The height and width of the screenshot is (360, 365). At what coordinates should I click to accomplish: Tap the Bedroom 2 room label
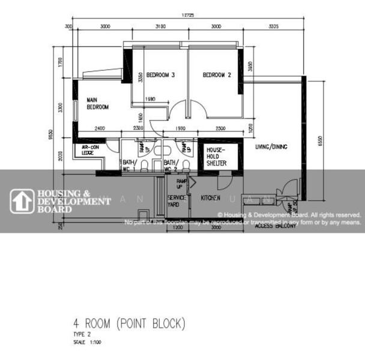pos(217,75)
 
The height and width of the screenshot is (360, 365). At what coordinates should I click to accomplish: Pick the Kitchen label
pos(210,197)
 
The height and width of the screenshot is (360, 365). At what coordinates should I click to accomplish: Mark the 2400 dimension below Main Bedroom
pos(100,128)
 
